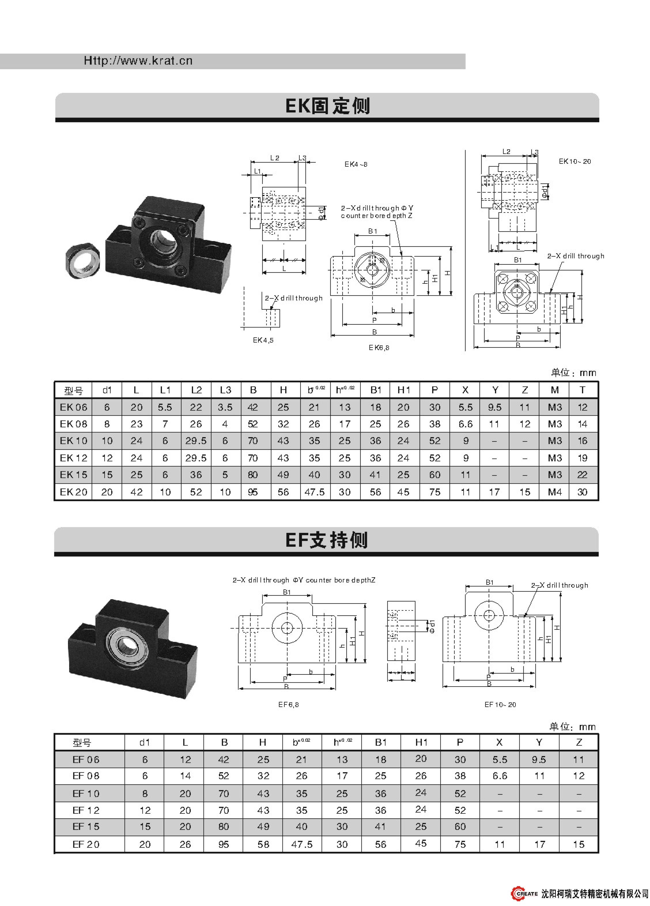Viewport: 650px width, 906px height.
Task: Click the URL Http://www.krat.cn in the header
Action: (x=138, y=61)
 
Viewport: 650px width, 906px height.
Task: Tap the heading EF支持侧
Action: (x=326, y=540)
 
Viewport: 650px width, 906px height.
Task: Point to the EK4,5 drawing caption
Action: (x=263, y=340)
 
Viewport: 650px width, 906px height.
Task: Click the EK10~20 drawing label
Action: (x=575, y=161)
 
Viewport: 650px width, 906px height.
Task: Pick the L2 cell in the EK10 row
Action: (x=196, y=441)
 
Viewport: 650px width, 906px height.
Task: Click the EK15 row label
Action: (x=73, y=475)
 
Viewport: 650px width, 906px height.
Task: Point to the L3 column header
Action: (x=226, y=390)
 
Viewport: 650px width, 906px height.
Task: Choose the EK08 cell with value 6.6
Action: (x=465, y=424)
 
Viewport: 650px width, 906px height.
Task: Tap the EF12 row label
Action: (x=86, y=811)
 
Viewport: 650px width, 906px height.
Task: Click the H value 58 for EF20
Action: (x=263, y=845)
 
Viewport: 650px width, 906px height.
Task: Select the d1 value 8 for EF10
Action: (x=145, y=794)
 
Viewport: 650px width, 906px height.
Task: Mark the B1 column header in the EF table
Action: (x=381, y=743)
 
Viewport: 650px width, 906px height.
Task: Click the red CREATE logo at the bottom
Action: (x=524, y=894)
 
